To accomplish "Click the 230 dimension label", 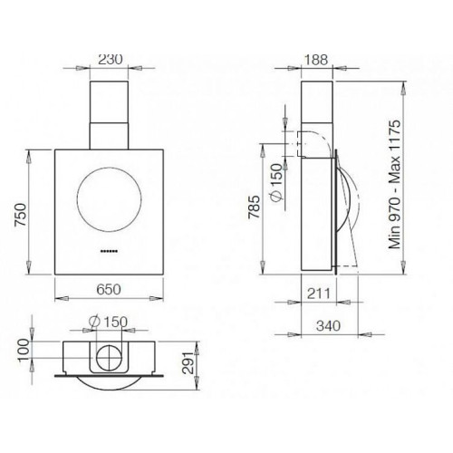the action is coord(111,59).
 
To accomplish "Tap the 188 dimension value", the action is coord(315,60).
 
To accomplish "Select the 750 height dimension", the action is coord(21,215).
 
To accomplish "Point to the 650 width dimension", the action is coord(109,289).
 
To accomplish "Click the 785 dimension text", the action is coord(254,207).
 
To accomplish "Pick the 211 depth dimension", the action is coord(319,294).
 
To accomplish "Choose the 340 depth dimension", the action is coord(328,326).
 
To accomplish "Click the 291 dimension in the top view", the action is coord(189,363).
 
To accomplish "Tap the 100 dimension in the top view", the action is coord(24,351).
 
